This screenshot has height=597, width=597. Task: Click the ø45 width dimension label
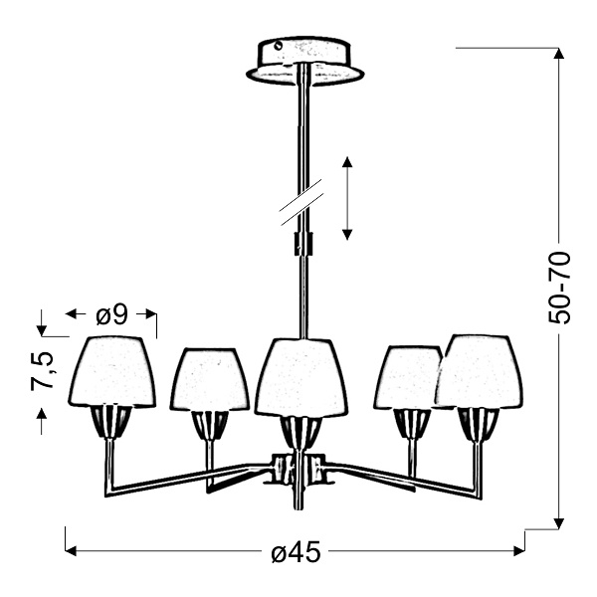tap(296, 553)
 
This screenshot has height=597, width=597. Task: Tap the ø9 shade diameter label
tap(111, 314)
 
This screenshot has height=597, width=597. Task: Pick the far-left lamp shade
tap(111, 371)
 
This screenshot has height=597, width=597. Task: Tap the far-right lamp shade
tap(480, 371)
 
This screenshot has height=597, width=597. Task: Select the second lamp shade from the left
tap(210, 379)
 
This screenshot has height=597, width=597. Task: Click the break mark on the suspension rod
tap(298, 205)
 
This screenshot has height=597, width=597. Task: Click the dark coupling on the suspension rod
tap(301, 244)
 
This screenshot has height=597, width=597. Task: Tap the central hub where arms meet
tap(298, 467)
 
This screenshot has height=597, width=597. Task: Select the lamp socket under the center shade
tap(299, 432)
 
